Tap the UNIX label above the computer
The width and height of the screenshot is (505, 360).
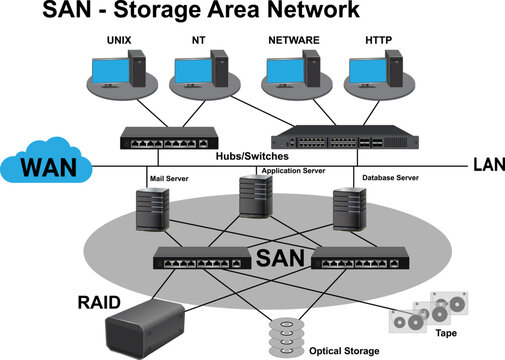(x=120, y=41)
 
